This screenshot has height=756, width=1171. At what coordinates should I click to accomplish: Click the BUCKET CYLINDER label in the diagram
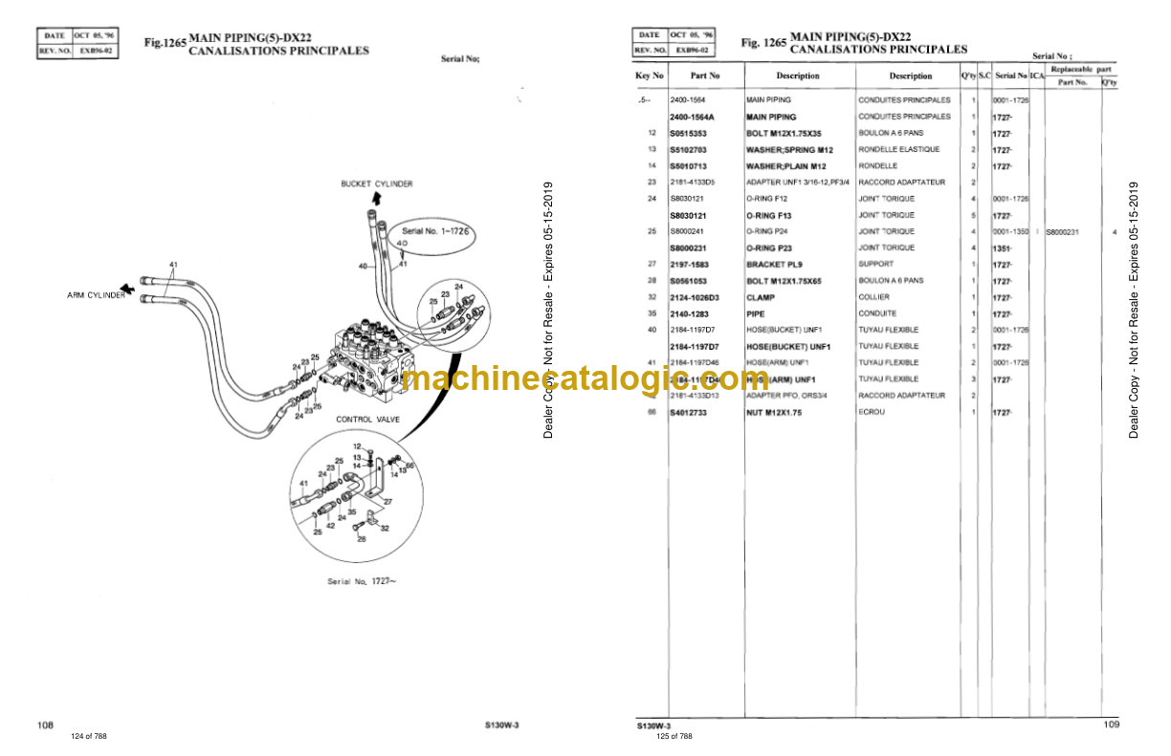[x=377, y=184]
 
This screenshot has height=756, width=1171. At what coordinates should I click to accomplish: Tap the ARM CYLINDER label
[x=96, y=295]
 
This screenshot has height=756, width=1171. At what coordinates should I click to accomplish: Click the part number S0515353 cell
[x=688, y=133]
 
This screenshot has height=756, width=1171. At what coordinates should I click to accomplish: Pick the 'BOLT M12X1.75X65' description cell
[x=784, y=281]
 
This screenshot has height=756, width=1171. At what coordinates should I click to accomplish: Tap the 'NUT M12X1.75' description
[x=774, y=412]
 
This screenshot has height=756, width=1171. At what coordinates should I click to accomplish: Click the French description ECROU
[x=871, y=412]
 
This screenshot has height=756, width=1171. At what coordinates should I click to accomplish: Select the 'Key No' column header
[x=649, y=76]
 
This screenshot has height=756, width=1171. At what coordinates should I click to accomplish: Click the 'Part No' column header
[x=705, y=76]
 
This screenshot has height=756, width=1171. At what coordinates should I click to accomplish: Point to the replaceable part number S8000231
[x=1067, y=231]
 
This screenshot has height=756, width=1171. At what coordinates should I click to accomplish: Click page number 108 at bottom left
[x=45, y=725]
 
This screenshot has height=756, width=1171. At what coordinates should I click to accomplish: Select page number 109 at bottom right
[x=1110, y=725]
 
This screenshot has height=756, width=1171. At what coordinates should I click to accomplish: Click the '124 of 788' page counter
[x=89, y=736]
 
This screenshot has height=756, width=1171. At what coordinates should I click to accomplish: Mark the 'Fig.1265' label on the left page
[x=165, y=43]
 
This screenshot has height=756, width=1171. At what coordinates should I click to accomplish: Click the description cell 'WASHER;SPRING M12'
[x=789, y=150]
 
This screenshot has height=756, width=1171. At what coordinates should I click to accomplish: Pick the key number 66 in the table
[x=651, y=412]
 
